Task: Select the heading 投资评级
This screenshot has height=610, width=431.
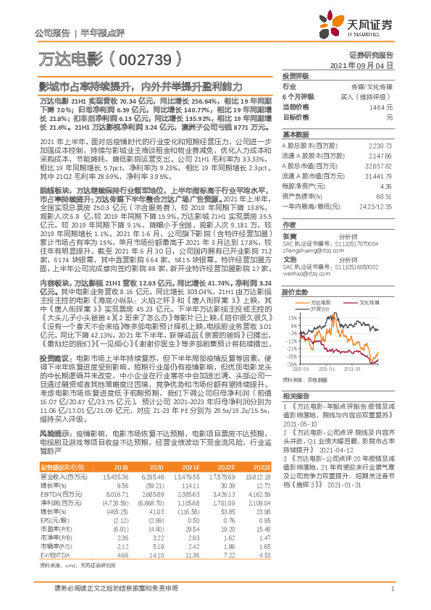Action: click(x=296, y=75)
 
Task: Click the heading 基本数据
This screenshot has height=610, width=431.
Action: click(x=296, y=135)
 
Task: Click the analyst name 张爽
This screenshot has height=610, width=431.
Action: click(x=290, y=236)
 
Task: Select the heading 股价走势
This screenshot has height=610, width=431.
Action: click(x=296, y=293)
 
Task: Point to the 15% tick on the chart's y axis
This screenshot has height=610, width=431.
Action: click(x=291, y=316)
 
